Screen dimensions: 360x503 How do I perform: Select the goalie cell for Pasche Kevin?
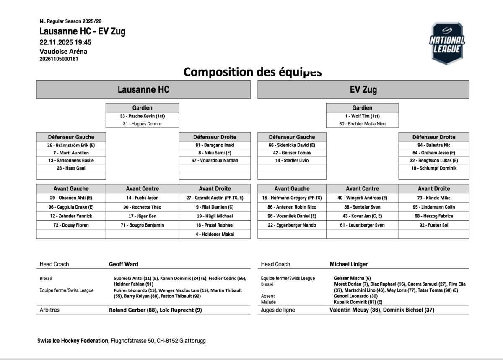click(143, 116)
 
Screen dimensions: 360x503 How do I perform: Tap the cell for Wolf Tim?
click(363, 116)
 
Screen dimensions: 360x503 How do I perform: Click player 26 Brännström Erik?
click(71, 145)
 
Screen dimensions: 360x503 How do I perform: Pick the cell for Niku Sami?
click(215, 153)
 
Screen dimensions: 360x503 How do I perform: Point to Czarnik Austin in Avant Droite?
click(215, 198)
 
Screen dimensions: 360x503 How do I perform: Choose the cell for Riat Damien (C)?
click(215, 207)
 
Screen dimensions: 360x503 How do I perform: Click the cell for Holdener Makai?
click(215, 234)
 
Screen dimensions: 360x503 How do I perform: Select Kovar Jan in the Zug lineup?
click(363, 216)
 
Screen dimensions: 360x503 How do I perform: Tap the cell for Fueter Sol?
click(434, 225)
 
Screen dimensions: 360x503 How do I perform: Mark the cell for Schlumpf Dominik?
click(434, 168)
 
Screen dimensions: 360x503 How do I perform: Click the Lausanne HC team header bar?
click(143, 89)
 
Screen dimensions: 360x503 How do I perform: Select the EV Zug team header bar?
click(363, 89)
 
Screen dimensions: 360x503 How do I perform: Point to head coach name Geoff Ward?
click(124, 264)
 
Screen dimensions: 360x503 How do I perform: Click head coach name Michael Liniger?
click(349, 264)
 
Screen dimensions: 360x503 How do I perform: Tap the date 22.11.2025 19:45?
click(65, 42)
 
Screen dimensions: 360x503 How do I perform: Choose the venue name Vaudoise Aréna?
click(63, 51)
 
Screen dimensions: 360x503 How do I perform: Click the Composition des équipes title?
click(252, 72)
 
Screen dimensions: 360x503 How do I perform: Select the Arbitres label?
click(49, 310)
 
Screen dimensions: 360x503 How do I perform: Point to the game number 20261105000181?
click(59, 59)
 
